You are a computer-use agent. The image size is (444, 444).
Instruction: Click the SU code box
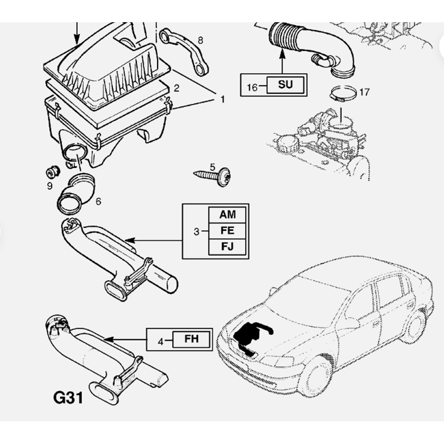pos(285,84)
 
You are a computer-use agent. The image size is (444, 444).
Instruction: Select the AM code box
pos(227,215)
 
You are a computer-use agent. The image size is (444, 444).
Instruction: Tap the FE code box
pos(227,231)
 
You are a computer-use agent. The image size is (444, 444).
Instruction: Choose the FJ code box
pos(227,246)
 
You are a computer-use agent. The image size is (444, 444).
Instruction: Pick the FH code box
pos(192,340)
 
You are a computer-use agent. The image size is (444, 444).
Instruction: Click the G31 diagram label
pos(68,398)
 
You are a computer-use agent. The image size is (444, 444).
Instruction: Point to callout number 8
pos(200,41)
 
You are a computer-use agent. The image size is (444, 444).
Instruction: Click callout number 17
pos(364,92)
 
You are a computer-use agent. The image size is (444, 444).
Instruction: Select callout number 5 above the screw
pos(212,167)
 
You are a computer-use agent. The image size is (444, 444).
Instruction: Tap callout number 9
pos(50,185)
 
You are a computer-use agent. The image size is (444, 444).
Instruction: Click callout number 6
pos(98,201)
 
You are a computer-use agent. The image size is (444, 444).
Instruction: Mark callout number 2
pos(176,88)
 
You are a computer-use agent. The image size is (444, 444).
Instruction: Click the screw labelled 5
pos(213,177)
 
